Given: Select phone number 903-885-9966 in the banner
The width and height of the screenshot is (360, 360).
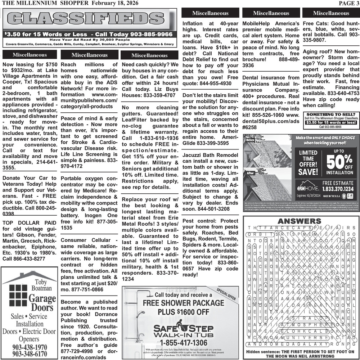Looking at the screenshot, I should (146, 34).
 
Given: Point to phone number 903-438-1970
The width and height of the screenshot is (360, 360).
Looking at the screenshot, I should (30, 347).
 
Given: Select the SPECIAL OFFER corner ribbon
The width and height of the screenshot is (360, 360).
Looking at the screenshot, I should (226, 294).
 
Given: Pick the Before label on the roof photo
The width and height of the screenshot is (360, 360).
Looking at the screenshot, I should (251, 140).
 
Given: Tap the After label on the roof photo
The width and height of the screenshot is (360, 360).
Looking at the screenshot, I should (251, 173).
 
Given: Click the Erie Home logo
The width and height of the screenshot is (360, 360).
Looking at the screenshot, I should (307, 188).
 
